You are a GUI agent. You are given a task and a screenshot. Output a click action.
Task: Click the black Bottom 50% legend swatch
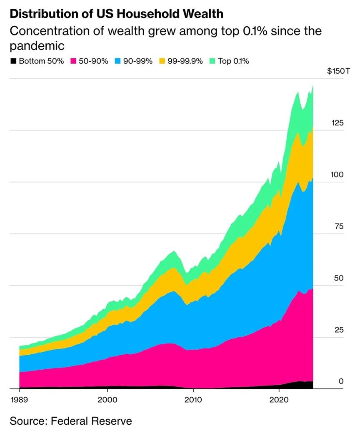[13, 61]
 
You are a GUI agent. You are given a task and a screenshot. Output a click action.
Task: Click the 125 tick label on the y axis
[337, 123]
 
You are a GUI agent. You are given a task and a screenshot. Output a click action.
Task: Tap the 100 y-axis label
[337, 175]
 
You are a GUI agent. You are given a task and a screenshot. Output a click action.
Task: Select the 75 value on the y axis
[340, 226]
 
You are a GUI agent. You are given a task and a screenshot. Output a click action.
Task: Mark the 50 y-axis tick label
[339, 278]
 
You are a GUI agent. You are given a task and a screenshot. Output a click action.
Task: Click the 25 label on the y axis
[340, 330]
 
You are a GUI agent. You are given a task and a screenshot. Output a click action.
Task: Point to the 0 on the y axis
[341, 381]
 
